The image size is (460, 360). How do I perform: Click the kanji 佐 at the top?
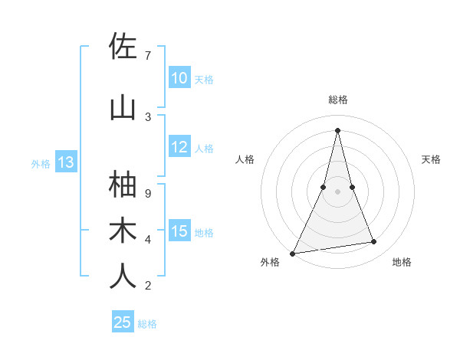point(123,47)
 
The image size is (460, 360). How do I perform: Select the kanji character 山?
point(123,107)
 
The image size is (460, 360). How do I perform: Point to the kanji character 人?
point(123,276)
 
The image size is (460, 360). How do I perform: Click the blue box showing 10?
point(179,78)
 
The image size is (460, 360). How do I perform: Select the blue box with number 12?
point(179,148)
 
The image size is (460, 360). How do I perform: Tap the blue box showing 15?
point(179,231)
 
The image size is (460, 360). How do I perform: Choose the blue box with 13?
point(66,162)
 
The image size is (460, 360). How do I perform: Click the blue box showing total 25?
point(123,322)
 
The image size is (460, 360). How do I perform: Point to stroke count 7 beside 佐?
point(148,55)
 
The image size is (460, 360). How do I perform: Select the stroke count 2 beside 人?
point(148,286)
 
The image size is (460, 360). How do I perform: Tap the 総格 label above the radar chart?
point(337,100)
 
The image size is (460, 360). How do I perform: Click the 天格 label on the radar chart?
point(432,159)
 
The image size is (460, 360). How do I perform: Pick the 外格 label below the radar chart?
point(270,262)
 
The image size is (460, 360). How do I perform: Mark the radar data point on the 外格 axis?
point(292,253)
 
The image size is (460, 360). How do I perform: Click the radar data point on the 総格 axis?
point(337,130)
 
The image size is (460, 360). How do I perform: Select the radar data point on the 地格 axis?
point(374,242)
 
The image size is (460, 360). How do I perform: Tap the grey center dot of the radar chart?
point(337,191)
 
